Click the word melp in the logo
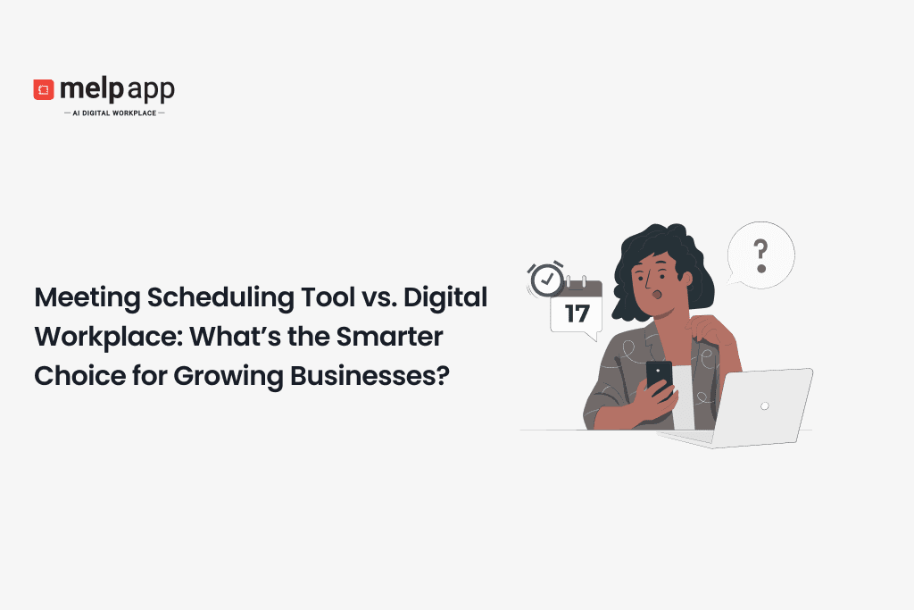point(90,89)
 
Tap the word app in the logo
point(150,90)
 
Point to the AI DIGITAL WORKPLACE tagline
point(114,113)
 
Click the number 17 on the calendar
point(577,313)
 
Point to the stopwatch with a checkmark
point(546,280)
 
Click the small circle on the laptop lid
point(765,405)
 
